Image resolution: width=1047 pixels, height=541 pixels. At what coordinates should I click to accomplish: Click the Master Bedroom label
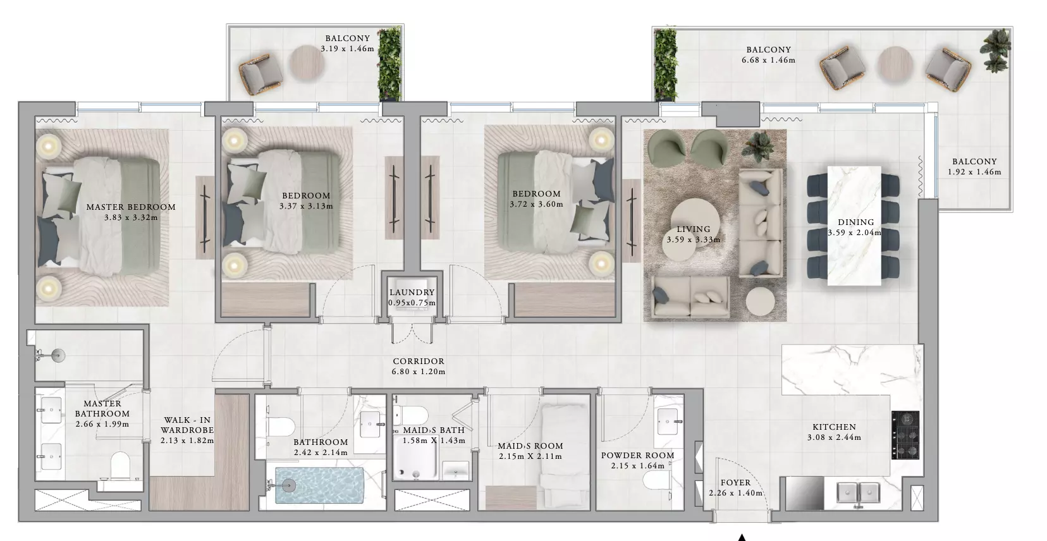[131, 207]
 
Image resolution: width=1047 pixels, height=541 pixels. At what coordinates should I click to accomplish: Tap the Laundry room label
[412, 293]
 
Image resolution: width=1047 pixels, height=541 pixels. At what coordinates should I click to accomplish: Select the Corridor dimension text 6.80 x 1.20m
[419, 372]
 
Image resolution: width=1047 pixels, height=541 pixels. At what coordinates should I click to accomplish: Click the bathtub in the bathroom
[320, 486]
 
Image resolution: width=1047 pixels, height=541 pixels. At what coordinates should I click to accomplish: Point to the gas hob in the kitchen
[905, 435]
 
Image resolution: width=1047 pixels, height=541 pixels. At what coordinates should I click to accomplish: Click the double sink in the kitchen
[858, 493]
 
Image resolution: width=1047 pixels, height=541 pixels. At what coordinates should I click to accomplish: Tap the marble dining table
[854, 226]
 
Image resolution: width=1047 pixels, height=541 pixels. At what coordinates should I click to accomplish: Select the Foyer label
[736, 483]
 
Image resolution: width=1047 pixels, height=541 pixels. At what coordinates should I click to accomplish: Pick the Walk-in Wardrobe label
[187, 425]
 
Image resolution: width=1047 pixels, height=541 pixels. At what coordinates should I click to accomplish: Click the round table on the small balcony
[307, 63]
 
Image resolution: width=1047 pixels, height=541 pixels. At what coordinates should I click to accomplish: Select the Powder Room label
[637, 456]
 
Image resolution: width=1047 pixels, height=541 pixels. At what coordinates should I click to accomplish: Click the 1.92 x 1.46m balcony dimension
[974, 172]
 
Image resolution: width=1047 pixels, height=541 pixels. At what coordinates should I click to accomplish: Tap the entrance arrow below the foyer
[742, 537]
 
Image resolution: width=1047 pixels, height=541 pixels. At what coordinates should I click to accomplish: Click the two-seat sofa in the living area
[690, 296]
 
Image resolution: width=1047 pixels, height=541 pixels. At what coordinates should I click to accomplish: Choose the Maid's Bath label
[434, 430]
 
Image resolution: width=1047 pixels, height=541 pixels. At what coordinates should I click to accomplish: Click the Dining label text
[856, 222]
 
